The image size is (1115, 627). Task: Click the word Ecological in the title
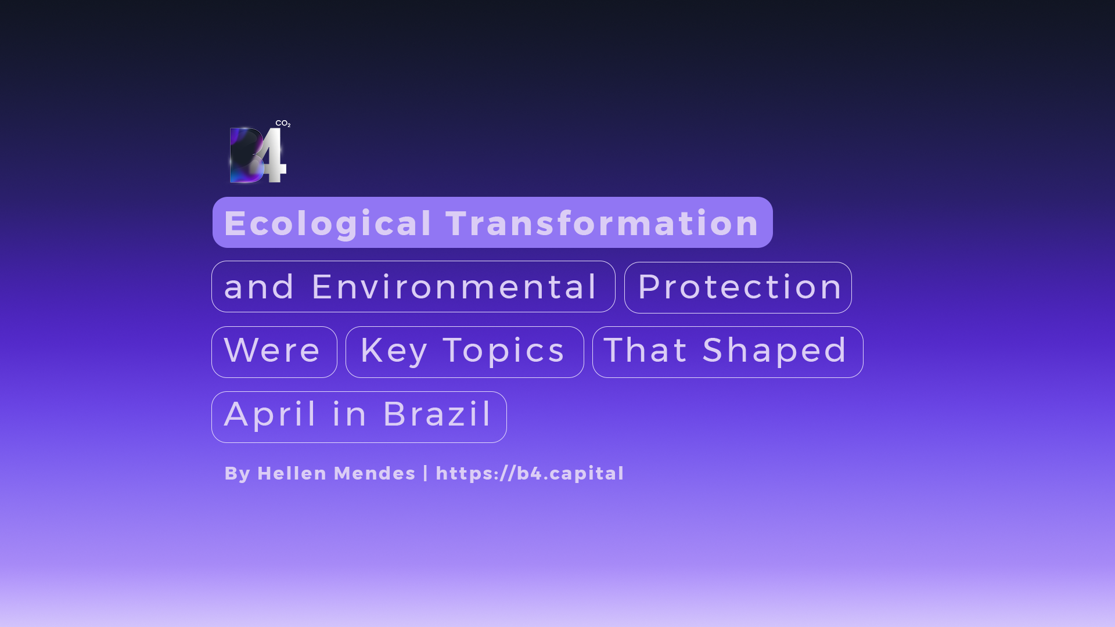(x=328, y=224)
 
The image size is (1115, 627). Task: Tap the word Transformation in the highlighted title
(x=602, y=223)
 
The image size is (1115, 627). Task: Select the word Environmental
(x=454, y=286)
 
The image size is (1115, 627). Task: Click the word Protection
(x=740, y=286)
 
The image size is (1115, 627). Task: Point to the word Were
(x=272, y=350)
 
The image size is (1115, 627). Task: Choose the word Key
(x=394, y=352)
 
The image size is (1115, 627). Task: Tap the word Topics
(x=503, y=352)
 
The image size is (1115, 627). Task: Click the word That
(x=646, y=350)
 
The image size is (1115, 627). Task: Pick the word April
(x=271, y=415)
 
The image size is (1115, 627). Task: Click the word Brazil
(x=437, y=414)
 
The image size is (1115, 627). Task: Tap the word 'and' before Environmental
(x=259, y=287)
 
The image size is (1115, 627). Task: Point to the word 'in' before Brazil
(x=350, y=414)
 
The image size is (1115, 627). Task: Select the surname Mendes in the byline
(x=375, y=473)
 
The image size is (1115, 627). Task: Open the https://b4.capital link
(x=530, y=474)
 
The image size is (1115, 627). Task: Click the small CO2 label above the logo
(x=283, y=124)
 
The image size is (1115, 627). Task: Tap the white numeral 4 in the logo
(x=271, y=155)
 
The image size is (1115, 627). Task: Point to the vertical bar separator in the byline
(x=426, y=473)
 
